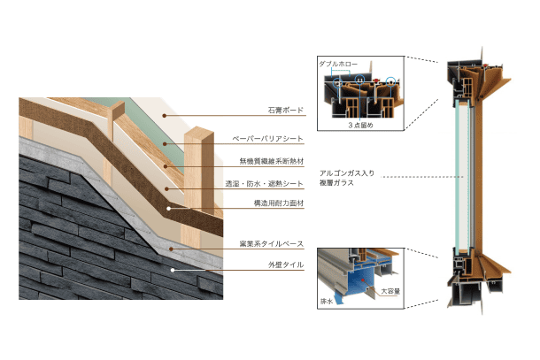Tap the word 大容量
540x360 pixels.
click(388, 289)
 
